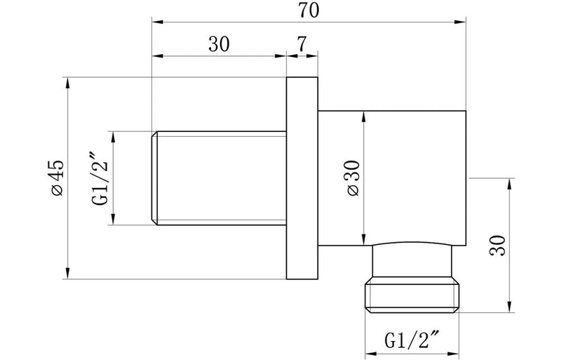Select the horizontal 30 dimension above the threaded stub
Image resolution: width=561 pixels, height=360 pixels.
pos(219,44)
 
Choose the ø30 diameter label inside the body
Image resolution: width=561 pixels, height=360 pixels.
pos(353,179)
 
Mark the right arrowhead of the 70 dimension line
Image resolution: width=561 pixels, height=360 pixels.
pos(464,20)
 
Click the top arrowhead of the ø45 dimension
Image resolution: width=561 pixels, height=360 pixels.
pos(68,81)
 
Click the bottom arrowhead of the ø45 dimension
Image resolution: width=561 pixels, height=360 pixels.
pos(68,274)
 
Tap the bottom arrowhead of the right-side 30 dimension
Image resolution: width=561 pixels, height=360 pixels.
pos(508,306)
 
